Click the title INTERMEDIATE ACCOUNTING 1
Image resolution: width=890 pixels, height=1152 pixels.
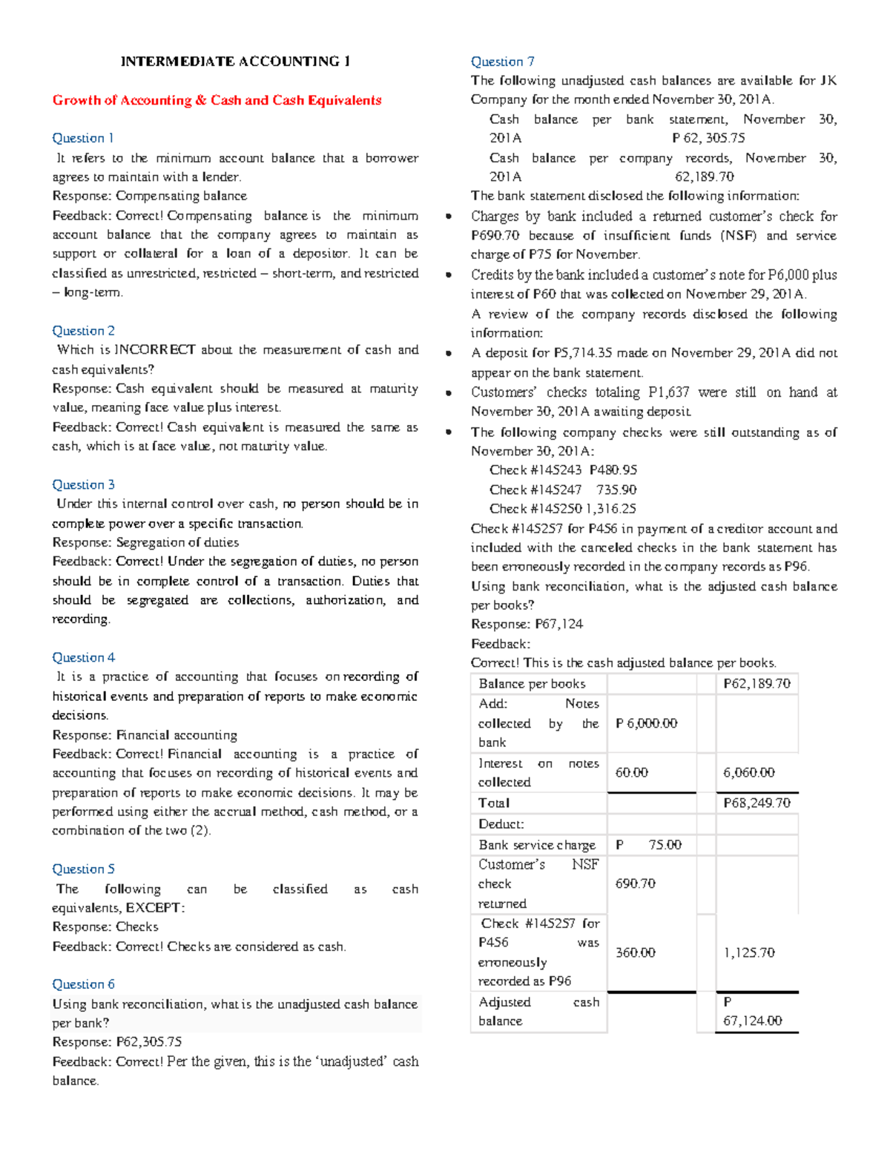click(x=235, y=62)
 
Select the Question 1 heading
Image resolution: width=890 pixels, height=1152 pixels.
click(x=83, y=138)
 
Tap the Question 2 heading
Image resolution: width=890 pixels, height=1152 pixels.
click(x=83, y=331)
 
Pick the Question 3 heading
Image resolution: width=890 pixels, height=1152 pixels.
click(x=83, y=484)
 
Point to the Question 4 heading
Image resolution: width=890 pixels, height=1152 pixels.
click(x=83, y=657)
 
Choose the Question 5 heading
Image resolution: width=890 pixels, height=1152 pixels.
click(x=83, y=869)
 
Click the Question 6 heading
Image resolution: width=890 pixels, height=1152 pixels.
click(x=83, y=984)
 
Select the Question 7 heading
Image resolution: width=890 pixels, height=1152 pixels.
click(x=502, y=62)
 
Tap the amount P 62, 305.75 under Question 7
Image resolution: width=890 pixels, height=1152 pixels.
click(x=708, y=138)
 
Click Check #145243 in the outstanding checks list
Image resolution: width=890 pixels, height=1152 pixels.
click(x=535, y=470)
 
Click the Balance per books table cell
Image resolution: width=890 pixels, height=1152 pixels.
click(x=532, y=684)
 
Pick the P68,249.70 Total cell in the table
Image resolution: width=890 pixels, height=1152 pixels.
click(x=756, y=803)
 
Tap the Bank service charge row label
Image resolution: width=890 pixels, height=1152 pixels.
click(x=537, y=845)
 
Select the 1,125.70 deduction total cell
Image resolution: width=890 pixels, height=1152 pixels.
click(x=749, y=952)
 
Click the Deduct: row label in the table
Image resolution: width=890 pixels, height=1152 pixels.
click(x=501, y=824)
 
